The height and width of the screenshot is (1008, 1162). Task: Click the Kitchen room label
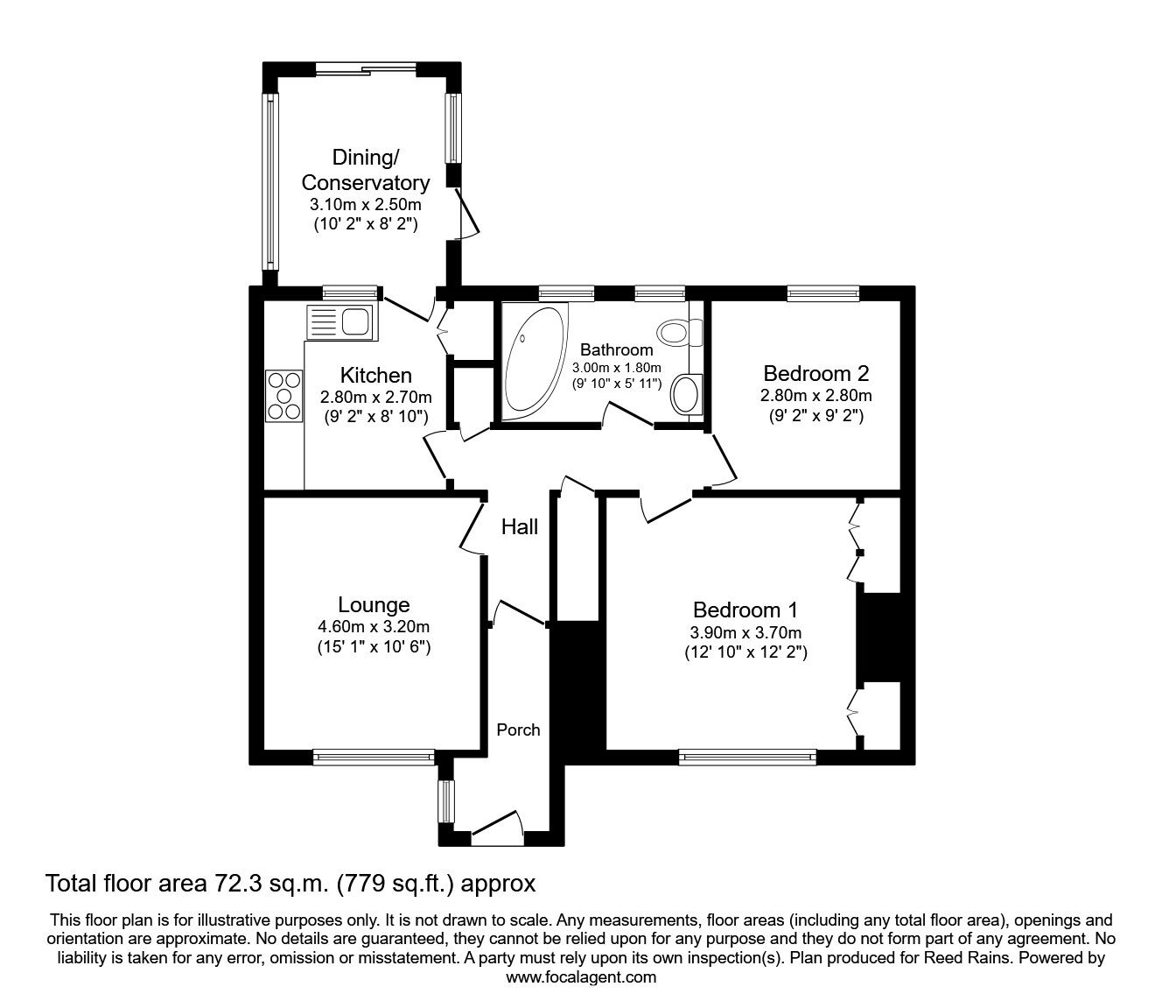coord(375,375)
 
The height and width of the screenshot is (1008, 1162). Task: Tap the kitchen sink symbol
coord(340,322)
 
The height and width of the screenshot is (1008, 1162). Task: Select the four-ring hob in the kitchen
coord(283,395)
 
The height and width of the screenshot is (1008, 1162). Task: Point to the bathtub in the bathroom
coord(534,361)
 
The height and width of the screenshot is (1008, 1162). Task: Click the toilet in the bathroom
coord(680,332)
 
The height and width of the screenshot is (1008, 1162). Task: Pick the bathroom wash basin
coord(685,393)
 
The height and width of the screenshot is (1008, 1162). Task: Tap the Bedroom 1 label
coord(745,610)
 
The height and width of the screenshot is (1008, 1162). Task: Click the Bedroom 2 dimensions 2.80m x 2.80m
coord(815,396)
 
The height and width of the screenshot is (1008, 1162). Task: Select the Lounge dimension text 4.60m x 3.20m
coord(374,626)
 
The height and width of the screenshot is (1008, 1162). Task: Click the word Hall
coord(520,526)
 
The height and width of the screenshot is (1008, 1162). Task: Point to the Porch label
coord(518,730)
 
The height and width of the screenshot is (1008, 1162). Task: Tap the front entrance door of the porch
coord(496,827)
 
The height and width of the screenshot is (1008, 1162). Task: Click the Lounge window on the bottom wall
coord(374,754)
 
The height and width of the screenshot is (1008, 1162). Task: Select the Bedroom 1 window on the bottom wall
coord(747,755)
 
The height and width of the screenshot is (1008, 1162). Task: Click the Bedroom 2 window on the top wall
coord(822,293)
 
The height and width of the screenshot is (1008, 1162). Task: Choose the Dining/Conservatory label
coord(365,170)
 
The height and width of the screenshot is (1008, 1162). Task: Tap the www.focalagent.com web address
coord(581,977)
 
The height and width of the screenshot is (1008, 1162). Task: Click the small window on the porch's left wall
coord(446,801)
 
